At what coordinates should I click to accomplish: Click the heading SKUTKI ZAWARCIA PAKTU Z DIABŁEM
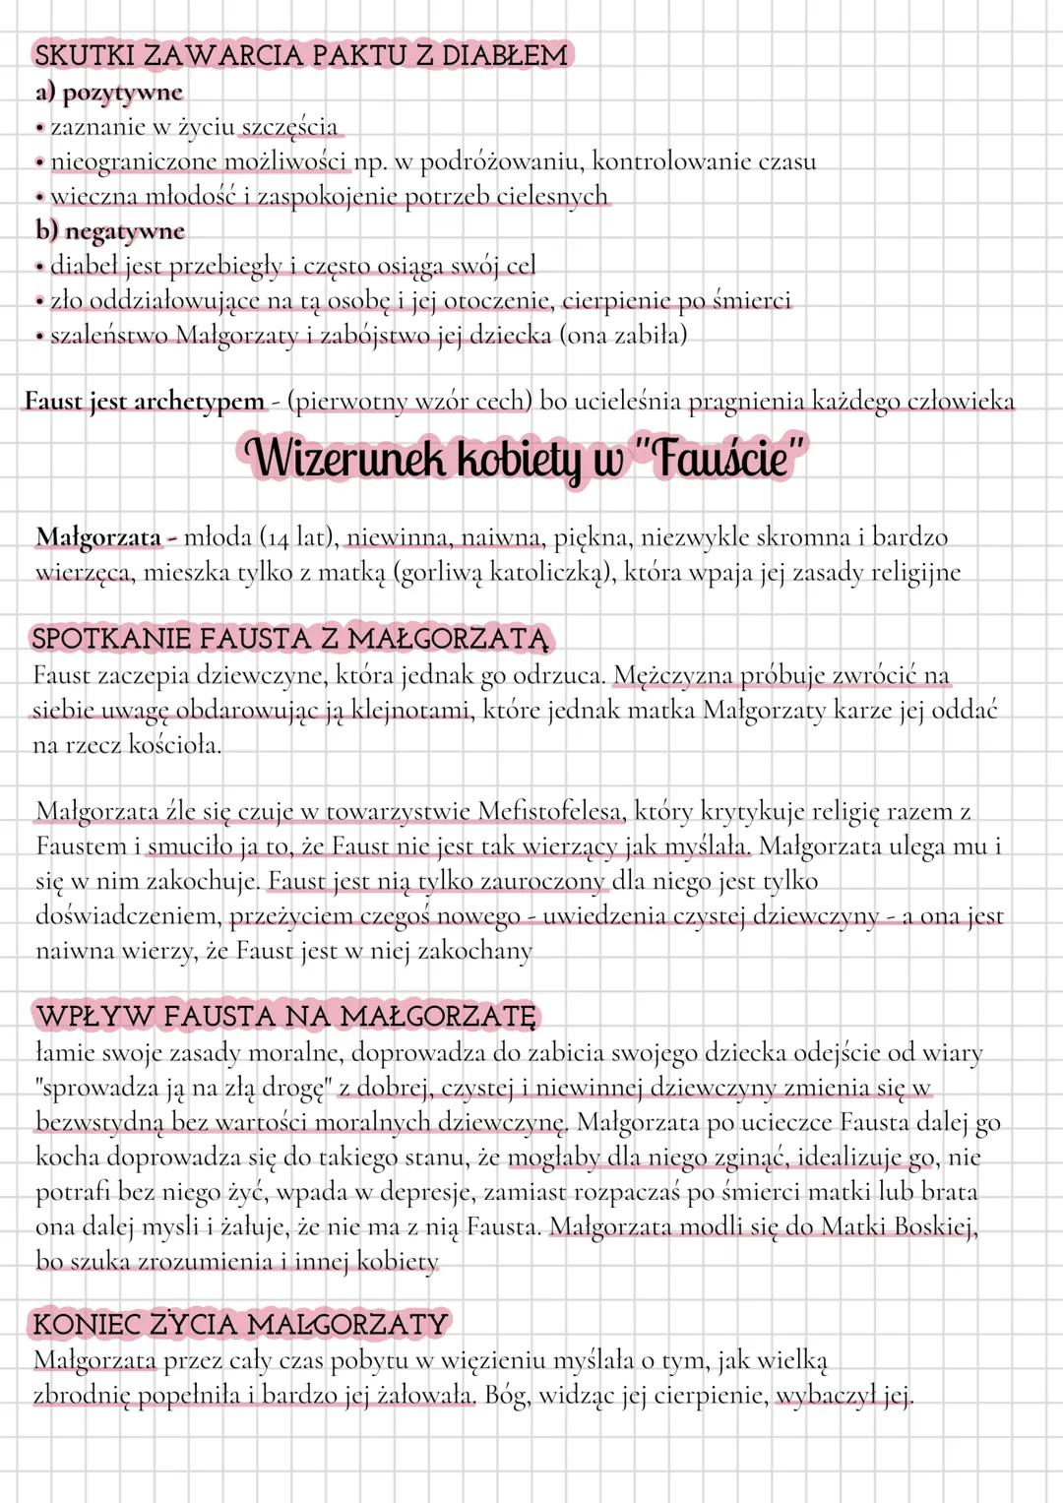pos(301,54)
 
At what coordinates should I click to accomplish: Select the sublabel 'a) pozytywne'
pos(109,93)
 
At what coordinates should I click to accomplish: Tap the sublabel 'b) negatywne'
pos(110,231)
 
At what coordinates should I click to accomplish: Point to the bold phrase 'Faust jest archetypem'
pos(145,402)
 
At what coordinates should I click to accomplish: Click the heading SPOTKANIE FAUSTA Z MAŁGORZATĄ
pos(289,638)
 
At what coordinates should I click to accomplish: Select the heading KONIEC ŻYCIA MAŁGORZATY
pos(240,1324)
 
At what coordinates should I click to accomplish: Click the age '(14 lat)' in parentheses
pos(296,537)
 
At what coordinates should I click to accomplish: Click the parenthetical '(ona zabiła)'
pos(623,336)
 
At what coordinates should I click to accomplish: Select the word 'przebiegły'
pos(230,266)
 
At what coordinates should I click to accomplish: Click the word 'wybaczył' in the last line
pos(825,1396)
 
